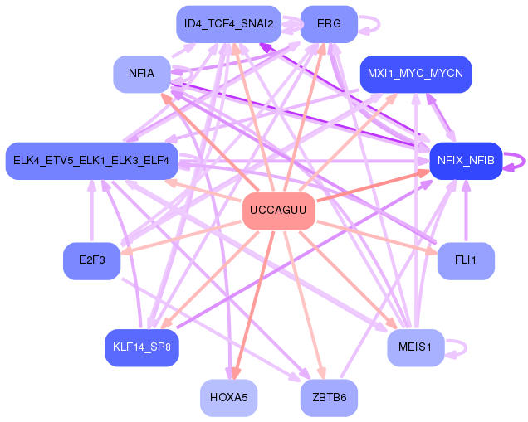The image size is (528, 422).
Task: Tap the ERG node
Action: click(x=329, y=24)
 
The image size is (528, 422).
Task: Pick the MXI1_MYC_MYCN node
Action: click(x=415, y=75)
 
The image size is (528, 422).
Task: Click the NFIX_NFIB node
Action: click(x=466, y=160)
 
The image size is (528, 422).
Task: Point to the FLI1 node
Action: click(x=466, y=260)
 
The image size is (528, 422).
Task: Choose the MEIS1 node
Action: click(x=415, y=347)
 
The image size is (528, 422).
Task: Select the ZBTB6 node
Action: click(x=329, y=398)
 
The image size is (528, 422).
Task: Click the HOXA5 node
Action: click(x=228, y=398)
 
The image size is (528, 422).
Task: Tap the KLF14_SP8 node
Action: click(x=142, y=347)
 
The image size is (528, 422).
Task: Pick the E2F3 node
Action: click(x=92, y=260)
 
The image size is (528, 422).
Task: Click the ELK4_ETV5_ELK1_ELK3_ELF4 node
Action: click(x=91, y=160)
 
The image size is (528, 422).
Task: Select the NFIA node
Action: click(x=142, y=75)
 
